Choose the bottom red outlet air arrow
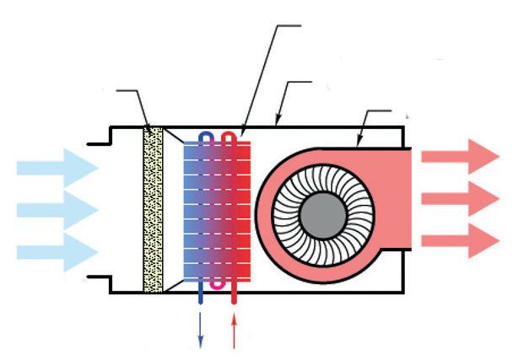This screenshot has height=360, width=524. tap(461, 239)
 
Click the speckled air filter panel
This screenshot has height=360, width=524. tap(153, 209)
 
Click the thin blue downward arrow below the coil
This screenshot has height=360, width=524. tap(201, 329)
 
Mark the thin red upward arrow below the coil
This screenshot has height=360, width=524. tap(234, 329)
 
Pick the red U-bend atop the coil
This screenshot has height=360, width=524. tap(228, 134)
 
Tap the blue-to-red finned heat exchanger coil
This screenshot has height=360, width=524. tap(217, 211)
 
